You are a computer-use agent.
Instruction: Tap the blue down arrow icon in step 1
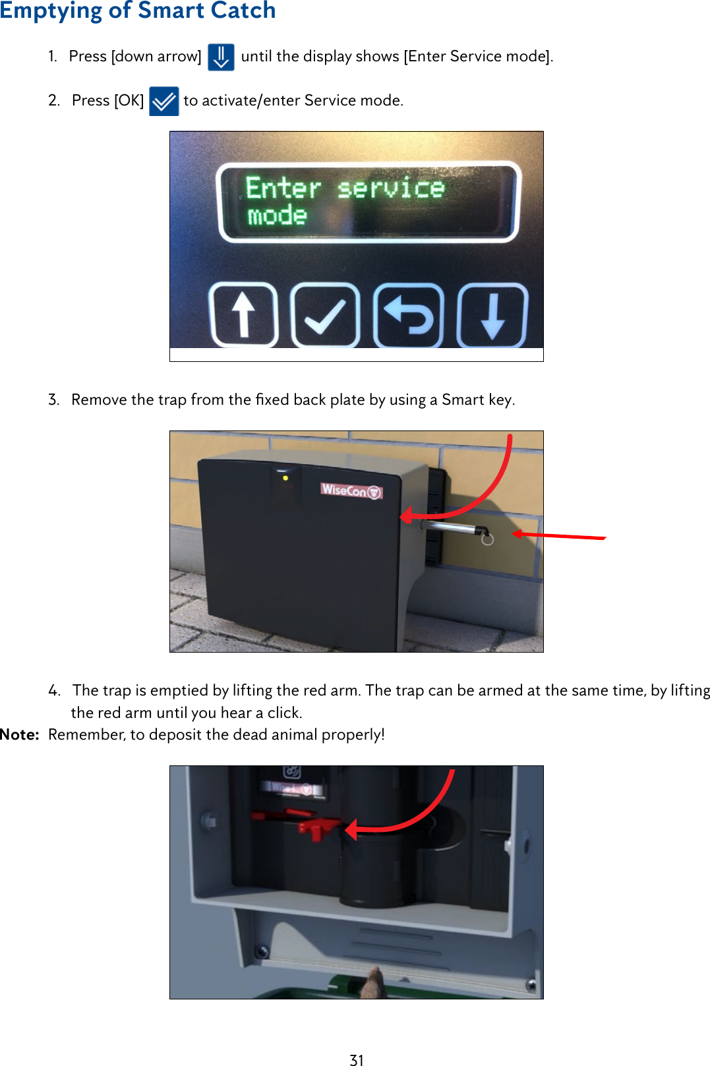tap(221, 57)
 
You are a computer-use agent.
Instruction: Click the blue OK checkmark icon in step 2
tap(163, 102)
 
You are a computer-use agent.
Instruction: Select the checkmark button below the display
tap(325, 315)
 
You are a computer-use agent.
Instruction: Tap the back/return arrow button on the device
tap(409, 315)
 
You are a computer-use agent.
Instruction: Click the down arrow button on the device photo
tap(492, 315)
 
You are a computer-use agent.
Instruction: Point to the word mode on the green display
tap(277, 216)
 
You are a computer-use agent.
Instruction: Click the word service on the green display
tap(391, 188)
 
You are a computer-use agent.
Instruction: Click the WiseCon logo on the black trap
tap(351, 490)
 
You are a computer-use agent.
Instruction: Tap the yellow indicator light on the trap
tap(285, 478)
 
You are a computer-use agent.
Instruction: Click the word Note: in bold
tap(20, 735)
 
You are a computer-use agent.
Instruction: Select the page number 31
tap(356, 1059)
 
